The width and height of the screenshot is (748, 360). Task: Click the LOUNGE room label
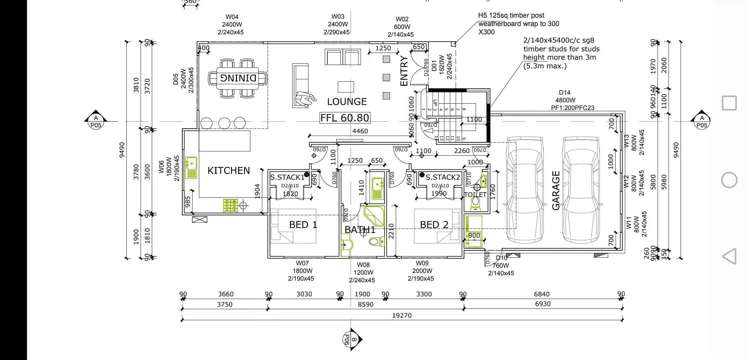click(346, 101)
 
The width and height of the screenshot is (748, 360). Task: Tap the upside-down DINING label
click(237, 76)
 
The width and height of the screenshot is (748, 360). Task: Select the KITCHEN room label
click(228, 171)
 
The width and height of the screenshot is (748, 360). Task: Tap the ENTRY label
click(402, 63)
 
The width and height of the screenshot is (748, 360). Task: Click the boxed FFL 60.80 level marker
click(344, 118)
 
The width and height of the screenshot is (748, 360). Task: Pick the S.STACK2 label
click(441, 177)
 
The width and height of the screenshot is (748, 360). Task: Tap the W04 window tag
click(232, 17)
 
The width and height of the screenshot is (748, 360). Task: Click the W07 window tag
click(302, 262)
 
